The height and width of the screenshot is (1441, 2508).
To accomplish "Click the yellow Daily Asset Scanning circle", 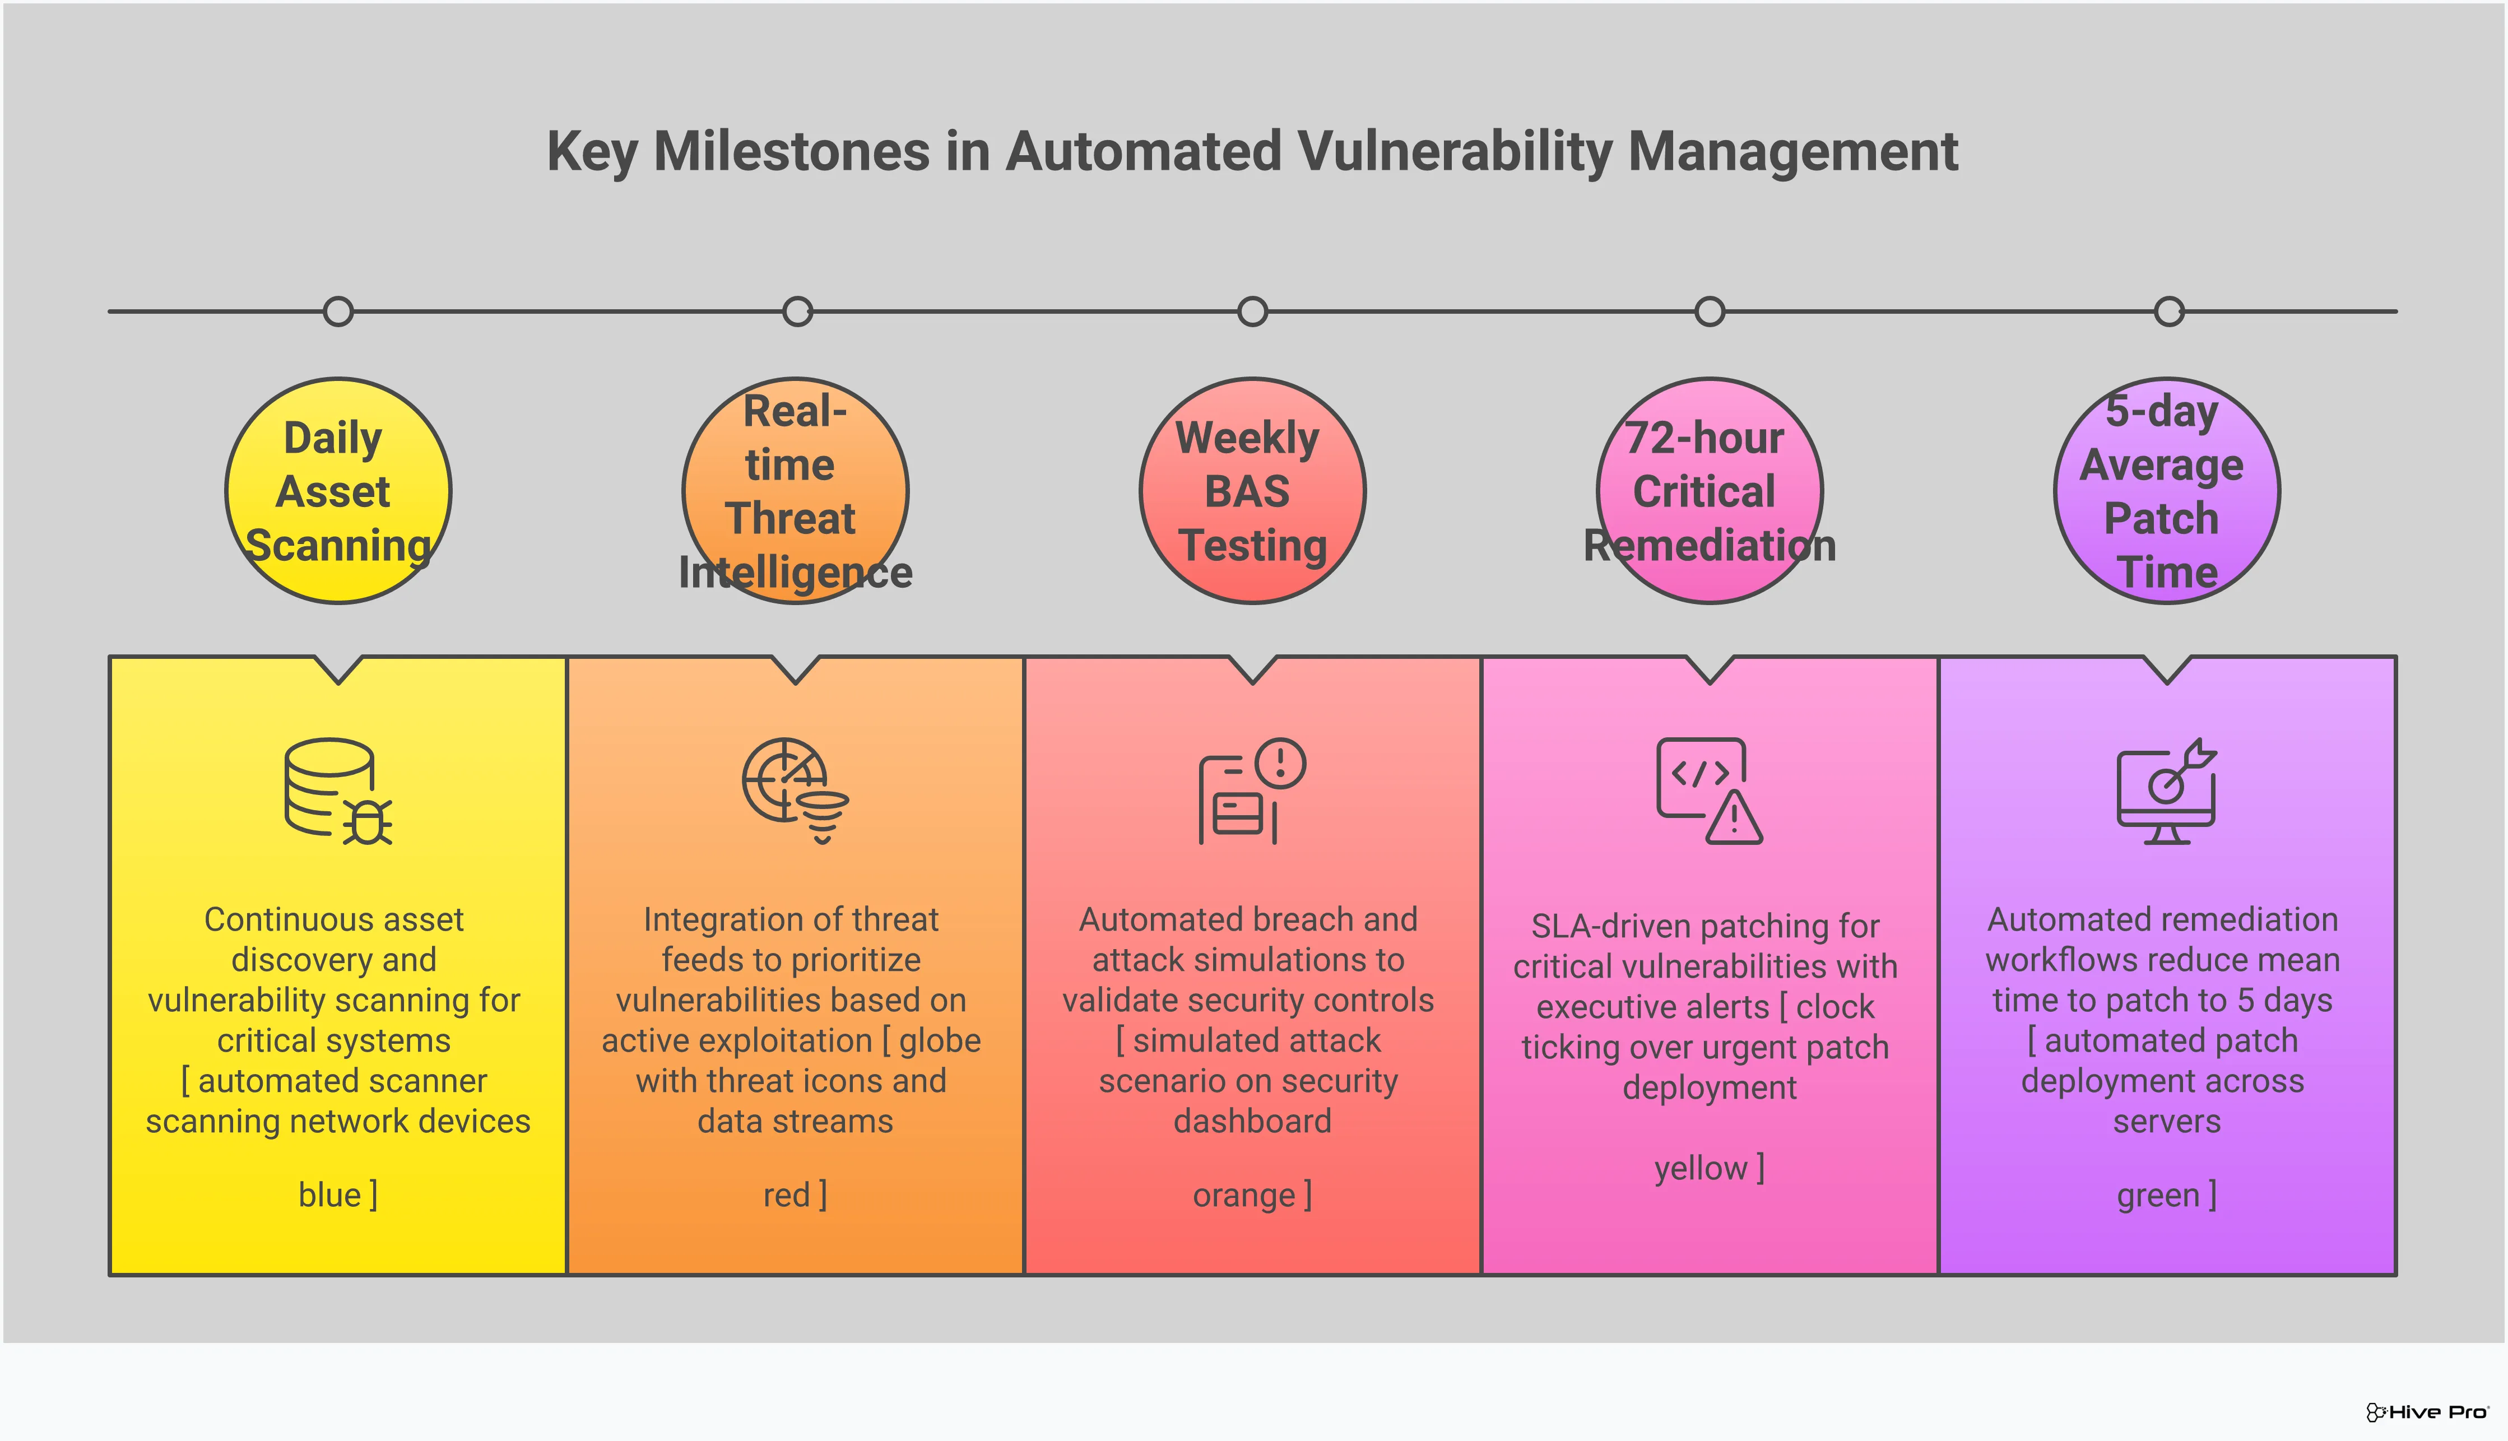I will click(337, 491).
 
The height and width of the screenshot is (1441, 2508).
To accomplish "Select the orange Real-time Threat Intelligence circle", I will click(795, 491).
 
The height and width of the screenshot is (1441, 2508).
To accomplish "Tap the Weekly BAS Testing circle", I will click(1252, 491).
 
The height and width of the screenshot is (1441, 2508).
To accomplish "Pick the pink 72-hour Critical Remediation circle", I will click(1710, 491).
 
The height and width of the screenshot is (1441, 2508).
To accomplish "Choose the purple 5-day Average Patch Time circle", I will click(2167, 491).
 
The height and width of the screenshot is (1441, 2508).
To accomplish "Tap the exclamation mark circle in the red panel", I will click(1281, 763).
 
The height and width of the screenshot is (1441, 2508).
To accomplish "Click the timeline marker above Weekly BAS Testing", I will click(1252, 312).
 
